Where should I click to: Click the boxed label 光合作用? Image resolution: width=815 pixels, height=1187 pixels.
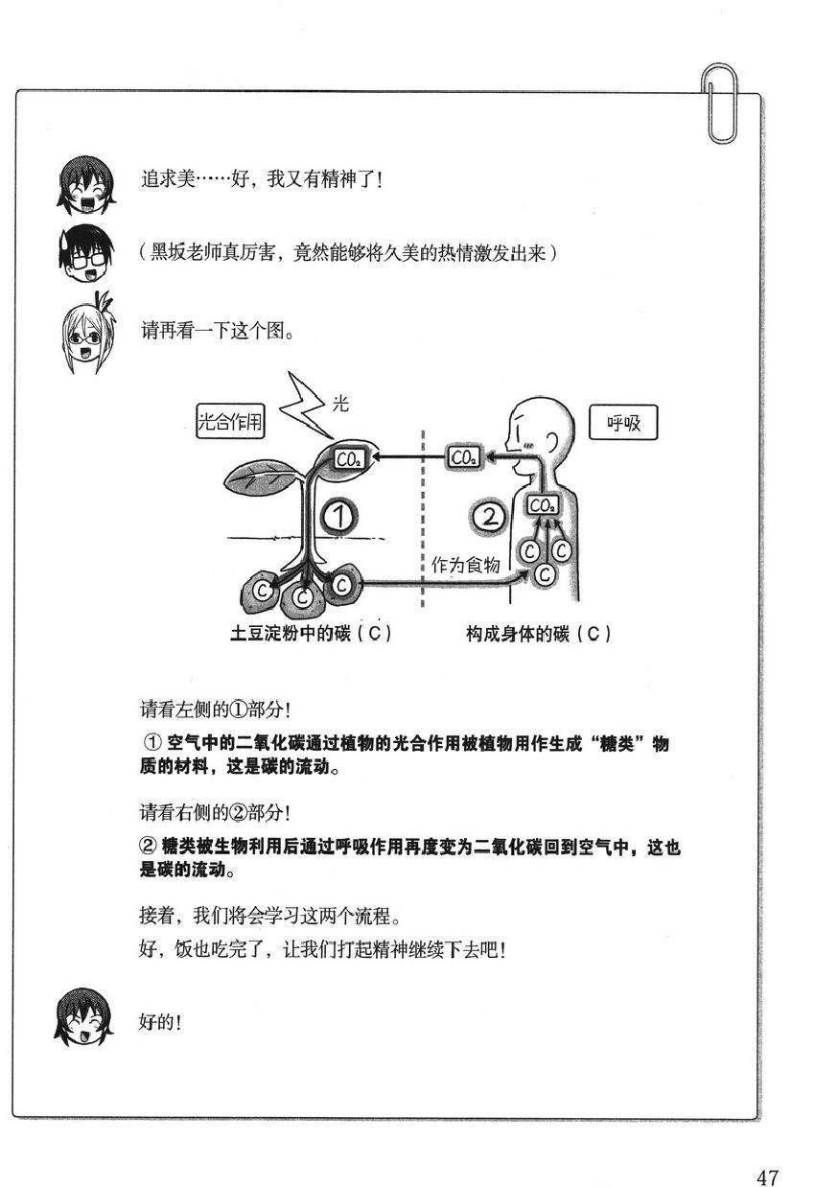coord(230,422)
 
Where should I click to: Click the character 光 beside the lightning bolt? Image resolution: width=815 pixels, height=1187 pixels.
coord(340,404)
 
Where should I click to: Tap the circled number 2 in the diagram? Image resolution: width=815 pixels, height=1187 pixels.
coord(489,518)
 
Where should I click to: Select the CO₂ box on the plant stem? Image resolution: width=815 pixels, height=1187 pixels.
coord(346,458)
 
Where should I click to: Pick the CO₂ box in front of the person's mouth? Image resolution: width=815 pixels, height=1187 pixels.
coord(464,458)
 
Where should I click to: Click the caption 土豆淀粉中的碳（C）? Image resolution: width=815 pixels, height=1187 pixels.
coord(312,634)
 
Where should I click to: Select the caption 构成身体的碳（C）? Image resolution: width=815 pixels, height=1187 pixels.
coord(539,634)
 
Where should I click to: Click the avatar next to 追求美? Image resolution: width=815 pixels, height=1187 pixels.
coord(80,180)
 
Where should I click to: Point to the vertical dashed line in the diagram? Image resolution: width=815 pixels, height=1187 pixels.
coord(424,518)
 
